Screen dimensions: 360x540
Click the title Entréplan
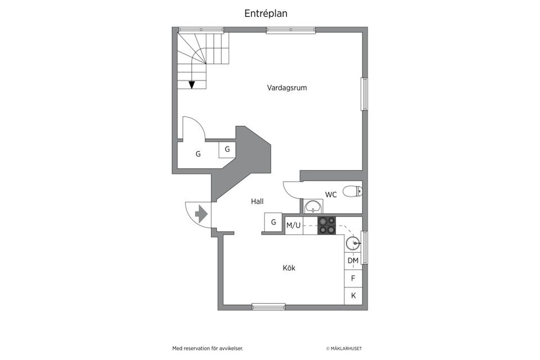pyautogui.click(x=266, y=13)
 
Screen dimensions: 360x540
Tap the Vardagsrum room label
pyautogui.click(x=287, y=88)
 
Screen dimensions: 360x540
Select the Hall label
pyautogui.click(x=256, y=201)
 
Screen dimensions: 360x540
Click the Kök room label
pyautogui.click(x=289, y=268)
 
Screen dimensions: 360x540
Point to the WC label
pyautogui.click(x=331, y=195)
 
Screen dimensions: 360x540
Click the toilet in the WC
pyautogui.click(x=352, y=192)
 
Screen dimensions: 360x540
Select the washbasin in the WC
pyautogui.click(x=311, y=208)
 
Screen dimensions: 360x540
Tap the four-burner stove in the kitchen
pyautogui.click(x=327, y=226)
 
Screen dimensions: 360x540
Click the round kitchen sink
pyautogui.click(x=353, y=244)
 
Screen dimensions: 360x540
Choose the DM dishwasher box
pyautogui.click(x=353, y=260)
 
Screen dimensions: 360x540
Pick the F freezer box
pyautogui.click(x=353, y=278)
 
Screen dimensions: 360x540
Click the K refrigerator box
pyautogui.click(x=353, y=295)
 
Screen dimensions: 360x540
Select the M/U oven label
pyautogui.click(x=294, y=226)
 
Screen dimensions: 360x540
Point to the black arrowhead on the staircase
pyautogui.click(x=192, y=85)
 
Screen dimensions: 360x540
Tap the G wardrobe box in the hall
pyautogui.click(x=273, y=222)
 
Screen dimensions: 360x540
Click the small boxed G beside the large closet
pyautogui.click(x=227, y=150)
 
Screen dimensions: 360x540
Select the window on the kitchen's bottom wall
pyautogui.click(x=268, y=307)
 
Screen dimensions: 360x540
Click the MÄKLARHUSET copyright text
pyautogui.click(x=348, y=349)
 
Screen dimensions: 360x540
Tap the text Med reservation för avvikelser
pyautogui.click(x=208, y=349)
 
